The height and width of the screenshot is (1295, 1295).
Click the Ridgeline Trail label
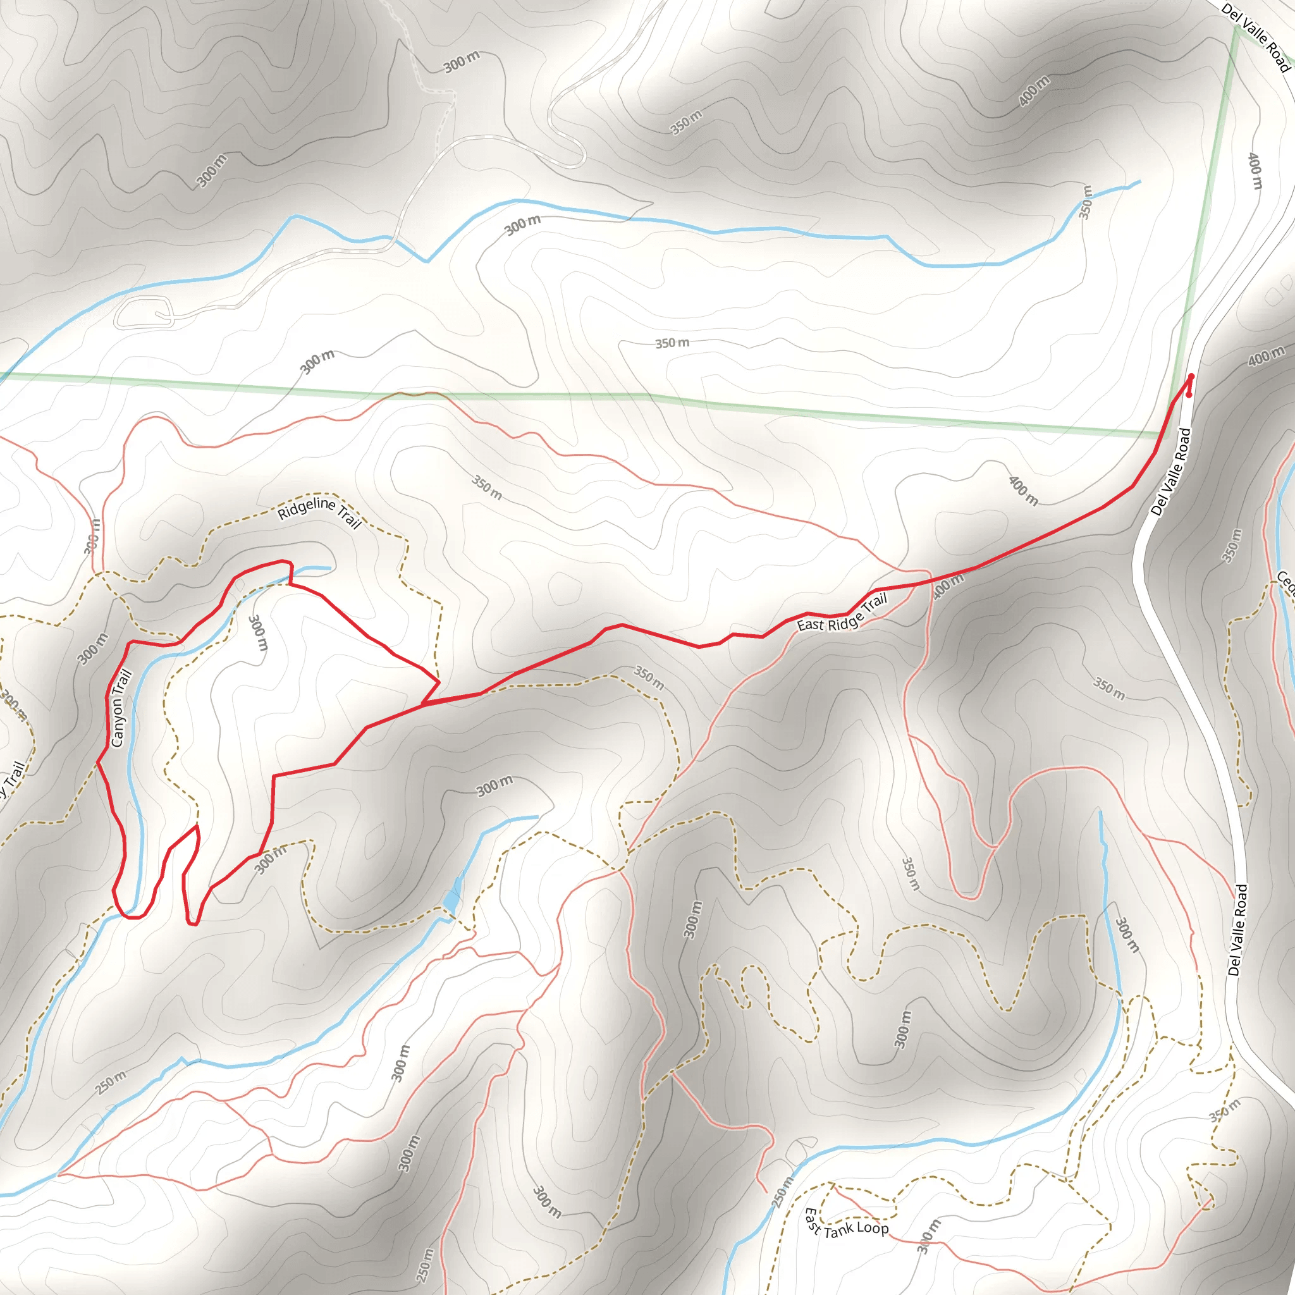pos(320,512)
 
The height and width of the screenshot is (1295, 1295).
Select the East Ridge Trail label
pos(842,613)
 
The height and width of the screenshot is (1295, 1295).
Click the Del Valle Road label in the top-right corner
pos(1255,37)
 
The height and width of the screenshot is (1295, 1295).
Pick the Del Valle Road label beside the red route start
pos(1170,472)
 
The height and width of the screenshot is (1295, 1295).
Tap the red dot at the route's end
pos(1188,395)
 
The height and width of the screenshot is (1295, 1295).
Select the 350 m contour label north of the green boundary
pos(672,343)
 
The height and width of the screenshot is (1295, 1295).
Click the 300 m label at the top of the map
pos(462,62)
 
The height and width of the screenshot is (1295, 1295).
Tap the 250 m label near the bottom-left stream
pos(111,1083)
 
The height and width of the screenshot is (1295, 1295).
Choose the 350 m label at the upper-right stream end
pos(1086,202)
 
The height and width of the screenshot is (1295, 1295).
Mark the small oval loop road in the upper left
pos(144,313)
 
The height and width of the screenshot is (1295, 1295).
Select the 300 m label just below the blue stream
pos(522,225)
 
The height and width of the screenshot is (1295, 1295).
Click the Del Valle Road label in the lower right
pos(1238,930)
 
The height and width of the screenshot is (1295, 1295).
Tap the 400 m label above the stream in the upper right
pos(1034,91)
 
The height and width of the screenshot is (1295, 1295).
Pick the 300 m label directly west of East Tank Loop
pos(929,1237)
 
